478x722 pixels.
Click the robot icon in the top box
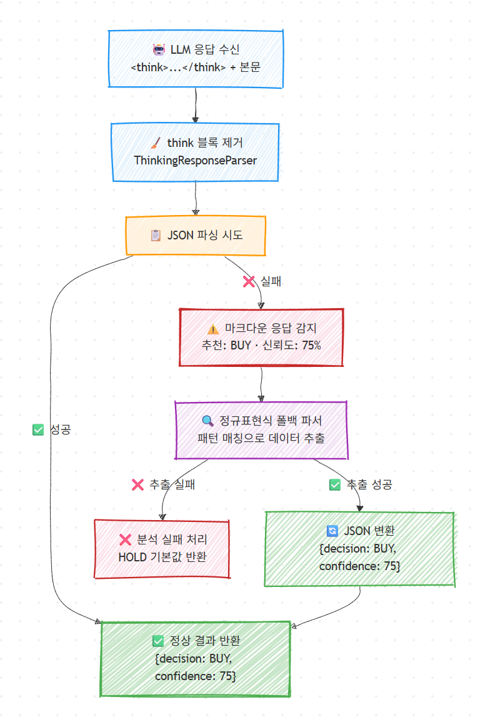pos(159,50)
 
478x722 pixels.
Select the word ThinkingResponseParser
pos(196,160)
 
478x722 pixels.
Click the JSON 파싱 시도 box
pos(196,236)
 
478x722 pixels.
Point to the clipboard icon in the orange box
pos(156,236)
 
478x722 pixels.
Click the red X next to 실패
pos(249,281)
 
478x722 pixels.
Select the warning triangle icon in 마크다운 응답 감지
pos(212,328)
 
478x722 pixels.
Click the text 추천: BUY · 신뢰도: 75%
pos(261,345)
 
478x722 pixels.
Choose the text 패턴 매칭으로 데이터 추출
pos(261,438)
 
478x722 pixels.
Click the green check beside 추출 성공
pos(335,484)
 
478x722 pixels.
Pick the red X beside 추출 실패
pos(137,484)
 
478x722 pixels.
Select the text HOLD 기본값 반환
pos(162,557)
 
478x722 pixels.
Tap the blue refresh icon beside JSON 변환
pos(332,531)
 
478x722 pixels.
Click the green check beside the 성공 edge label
pos(37,429)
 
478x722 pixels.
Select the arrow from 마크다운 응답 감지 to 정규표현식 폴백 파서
pos(261,384)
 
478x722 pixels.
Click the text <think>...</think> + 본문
pos(196,67)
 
